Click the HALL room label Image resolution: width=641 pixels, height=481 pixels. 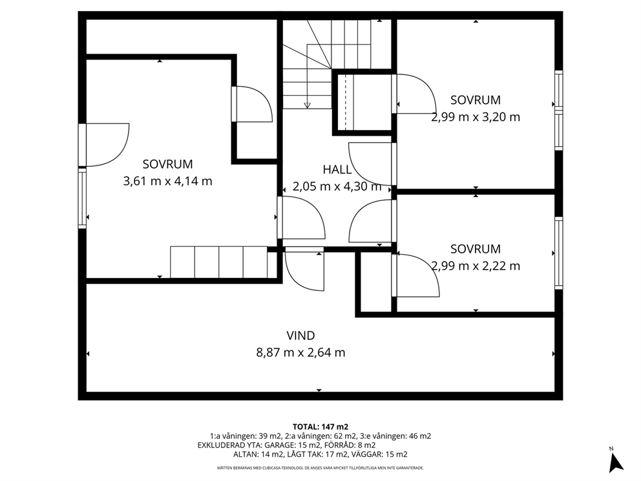click(337, 169)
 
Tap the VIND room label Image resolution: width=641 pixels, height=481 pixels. click(300, 336)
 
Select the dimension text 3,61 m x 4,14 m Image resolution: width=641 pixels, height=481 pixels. click(167, 181)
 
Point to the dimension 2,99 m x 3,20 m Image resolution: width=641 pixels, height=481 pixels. click(476, 118)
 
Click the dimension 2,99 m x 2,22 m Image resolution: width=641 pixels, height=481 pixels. click(476, 266)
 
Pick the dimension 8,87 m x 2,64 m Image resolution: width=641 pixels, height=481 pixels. click(300, 352)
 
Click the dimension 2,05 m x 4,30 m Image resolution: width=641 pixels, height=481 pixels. click(337, 187)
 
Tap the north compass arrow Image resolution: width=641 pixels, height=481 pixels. click(615, 462)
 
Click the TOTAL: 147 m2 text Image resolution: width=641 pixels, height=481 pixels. click(320, 427)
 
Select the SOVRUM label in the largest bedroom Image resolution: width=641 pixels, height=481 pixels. click(167, 164)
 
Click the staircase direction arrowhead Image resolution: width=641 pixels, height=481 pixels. click(307, 105)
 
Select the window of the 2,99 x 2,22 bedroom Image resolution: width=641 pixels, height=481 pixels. click(558, 253)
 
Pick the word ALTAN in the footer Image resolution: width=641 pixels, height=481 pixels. click(246, 454)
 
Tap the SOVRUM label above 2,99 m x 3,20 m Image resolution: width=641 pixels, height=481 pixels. click(476, 100)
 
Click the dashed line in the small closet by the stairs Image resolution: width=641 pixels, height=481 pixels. click(346, 102)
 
